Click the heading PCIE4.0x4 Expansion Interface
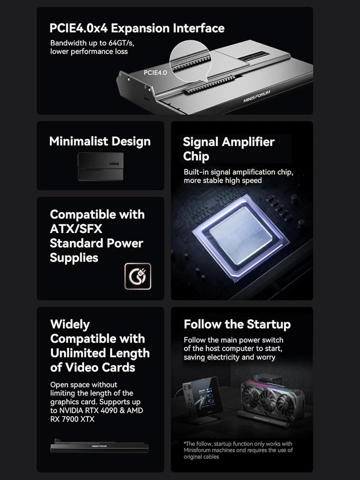tap(136, 28)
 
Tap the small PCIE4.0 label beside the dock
tap(155, 72)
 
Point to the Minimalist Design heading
tap(100, 141)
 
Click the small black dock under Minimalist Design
tap(100, 166)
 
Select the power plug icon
tap(137, 276)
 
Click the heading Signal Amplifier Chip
tap(228, 149)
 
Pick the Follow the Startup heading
tap(237, 324)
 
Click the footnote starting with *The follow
tap(238, 450)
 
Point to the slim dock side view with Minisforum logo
tap(99, 446)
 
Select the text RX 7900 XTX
tap(72, 419)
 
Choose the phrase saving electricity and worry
tap(229, 357)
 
